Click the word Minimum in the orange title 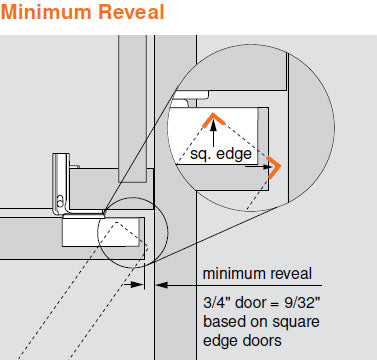tap(47, 12)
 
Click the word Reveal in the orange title tap(131, 12)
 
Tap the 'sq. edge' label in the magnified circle tap(221, 154)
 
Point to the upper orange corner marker tap(213, 120)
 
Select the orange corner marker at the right tap(275, 167)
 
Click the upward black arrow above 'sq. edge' tap(213, 132)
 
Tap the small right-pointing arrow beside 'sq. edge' tap(258, 166)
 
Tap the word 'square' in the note tap(296, 323)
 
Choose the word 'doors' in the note tap(262, 341)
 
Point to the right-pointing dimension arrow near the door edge tap(134, 285)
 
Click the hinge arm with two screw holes tap(61, 182)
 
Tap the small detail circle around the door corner tap(132, 198)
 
